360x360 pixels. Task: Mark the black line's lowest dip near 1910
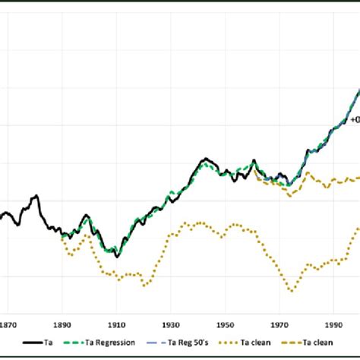[x=117, y=256]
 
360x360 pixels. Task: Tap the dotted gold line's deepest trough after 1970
[x=292, y=290]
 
